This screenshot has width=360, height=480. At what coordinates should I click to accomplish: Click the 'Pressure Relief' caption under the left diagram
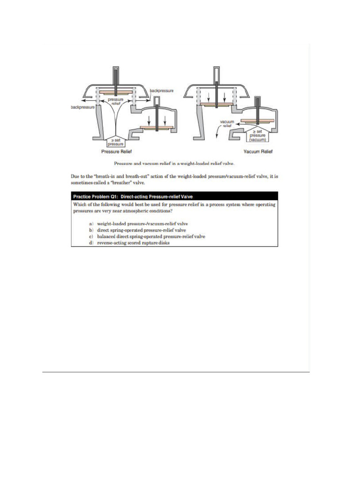[x=115, y=152]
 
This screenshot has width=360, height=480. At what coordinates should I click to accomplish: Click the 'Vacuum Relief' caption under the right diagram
[x=258, y=152]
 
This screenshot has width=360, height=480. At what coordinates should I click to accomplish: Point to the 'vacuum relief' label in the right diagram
[x=227, y=123]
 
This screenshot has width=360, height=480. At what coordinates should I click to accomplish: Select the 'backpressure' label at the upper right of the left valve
[x=162, y=90]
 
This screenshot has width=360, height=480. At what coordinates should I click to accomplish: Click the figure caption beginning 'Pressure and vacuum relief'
[x=174, y=163]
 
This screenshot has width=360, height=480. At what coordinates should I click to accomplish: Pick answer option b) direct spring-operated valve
[x=141, y=230]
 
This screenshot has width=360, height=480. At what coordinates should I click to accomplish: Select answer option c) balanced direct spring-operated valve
[x=150, y=237]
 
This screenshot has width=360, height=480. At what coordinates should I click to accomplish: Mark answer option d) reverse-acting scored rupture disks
[x=136, y=243]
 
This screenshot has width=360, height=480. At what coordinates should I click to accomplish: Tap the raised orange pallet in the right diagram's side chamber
[x=256, y=120]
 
